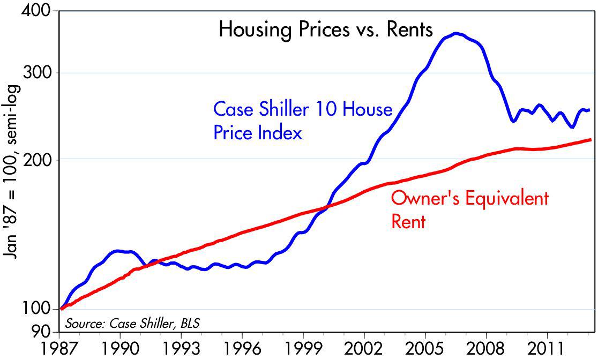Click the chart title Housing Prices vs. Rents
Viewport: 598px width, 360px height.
[x=325, y=29]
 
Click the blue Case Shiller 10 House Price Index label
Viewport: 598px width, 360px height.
[x=303, y=121]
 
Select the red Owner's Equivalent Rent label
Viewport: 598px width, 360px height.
[x=469, y=209]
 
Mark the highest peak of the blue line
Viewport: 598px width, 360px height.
[x=455, y=33]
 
